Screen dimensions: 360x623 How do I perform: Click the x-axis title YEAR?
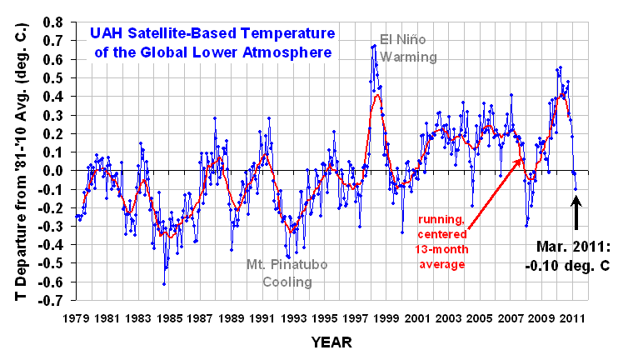click(x=330, y=342)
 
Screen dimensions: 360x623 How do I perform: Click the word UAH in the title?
click(x=110, y=34)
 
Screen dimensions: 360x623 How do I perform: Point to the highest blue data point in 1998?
click(x=374, y=46)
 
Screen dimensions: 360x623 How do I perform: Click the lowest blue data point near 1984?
click(x=163, y=284)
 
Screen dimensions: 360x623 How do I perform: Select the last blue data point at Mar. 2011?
click(x=576, y=189)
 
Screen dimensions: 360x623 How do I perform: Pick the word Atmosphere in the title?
click(x=292, y=52)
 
